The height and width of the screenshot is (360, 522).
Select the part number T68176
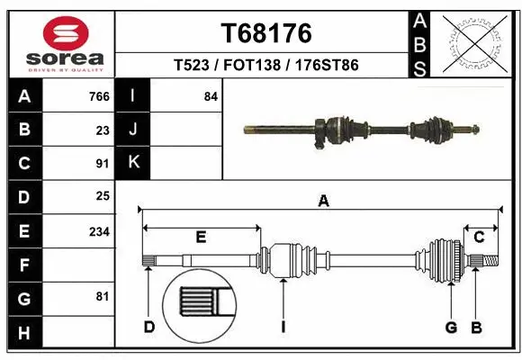coord(266,33)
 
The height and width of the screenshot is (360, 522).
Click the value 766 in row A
coord(99,96)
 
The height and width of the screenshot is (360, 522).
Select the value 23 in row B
coord(103,130)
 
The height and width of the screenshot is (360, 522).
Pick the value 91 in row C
coord(103,163)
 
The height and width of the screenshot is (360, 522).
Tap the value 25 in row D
coord(103,195)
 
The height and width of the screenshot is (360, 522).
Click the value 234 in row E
coord(99,231)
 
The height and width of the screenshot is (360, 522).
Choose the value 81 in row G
coord(103,296)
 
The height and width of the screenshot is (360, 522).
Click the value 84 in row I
coord(211,96)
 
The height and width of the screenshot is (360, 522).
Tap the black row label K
coord(133,163)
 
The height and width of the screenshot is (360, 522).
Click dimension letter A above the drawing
coord(323,202)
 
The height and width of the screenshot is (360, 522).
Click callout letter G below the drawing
coord(451,327)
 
